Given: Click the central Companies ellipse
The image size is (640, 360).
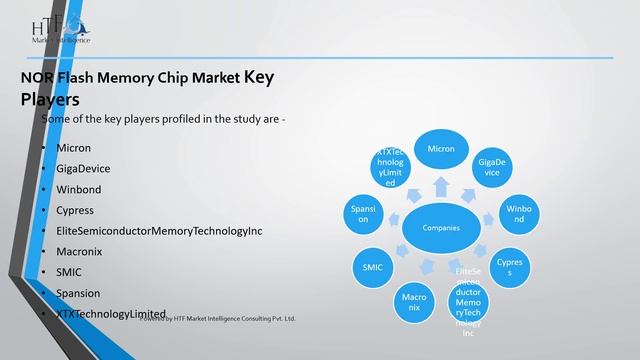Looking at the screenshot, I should (x=441, y=229).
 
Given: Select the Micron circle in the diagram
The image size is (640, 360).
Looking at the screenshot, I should (x=441, y=149).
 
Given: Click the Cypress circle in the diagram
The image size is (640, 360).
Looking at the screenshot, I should (x=509, y=266).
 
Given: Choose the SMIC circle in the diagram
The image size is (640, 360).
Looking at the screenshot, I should (x=371, y=267).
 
